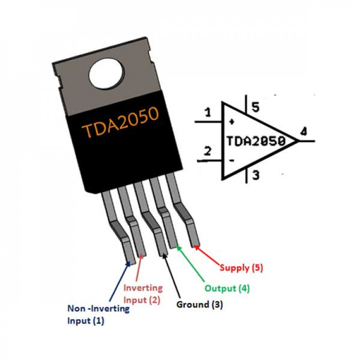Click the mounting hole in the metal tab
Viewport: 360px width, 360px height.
coord(105,74)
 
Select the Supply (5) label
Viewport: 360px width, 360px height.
coord(241,268)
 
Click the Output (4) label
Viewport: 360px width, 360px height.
coord(227,288)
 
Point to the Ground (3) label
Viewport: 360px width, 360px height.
coord(200,304)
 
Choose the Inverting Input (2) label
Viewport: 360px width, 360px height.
coord(143,294)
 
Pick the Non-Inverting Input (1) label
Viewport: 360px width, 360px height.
coord(98,315)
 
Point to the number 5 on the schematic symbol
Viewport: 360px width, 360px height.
coord(255,108)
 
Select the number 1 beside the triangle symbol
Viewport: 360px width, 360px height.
coord(207,113)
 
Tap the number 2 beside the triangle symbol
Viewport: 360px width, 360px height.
coord(207,152)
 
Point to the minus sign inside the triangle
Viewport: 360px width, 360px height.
coord(232,161)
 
